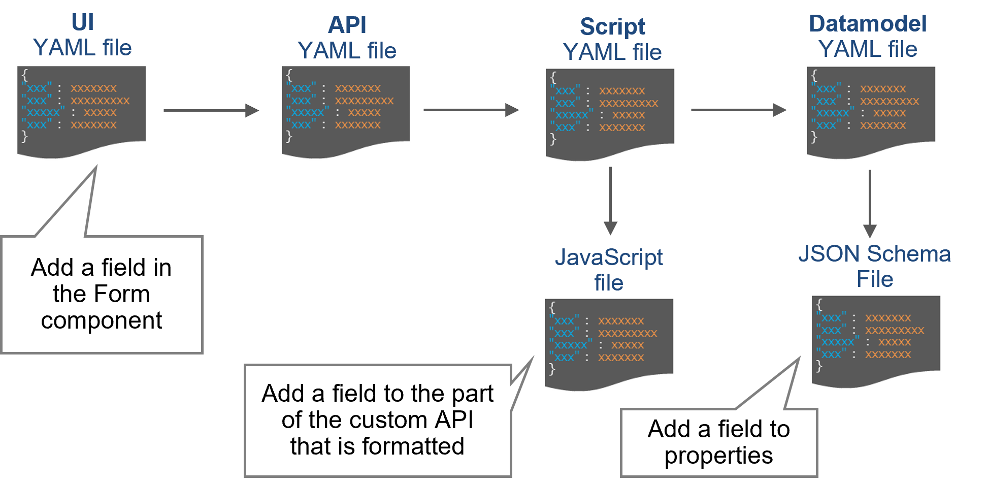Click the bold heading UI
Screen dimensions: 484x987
(x=83, y=22)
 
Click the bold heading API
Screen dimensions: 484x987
(x=347, y=25)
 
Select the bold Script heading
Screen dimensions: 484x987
(x=612, y=26)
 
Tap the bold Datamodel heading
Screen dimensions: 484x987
(x=868, y=24)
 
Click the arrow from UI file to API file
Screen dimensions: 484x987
(x=211, y=110)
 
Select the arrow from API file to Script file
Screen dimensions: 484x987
(x=471, y=110)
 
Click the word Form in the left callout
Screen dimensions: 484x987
(x=122, y=294)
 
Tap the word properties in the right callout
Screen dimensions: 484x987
(x=718, y=456)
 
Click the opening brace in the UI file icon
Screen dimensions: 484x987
(x=24, y=75)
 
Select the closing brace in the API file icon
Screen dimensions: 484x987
(x=289, y=136)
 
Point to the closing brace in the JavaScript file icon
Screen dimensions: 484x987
(x=552, y=369)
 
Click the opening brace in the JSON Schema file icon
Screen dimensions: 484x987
(x=819, y=304)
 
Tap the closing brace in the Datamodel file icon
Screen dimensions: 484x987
(x=814, y=137)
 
